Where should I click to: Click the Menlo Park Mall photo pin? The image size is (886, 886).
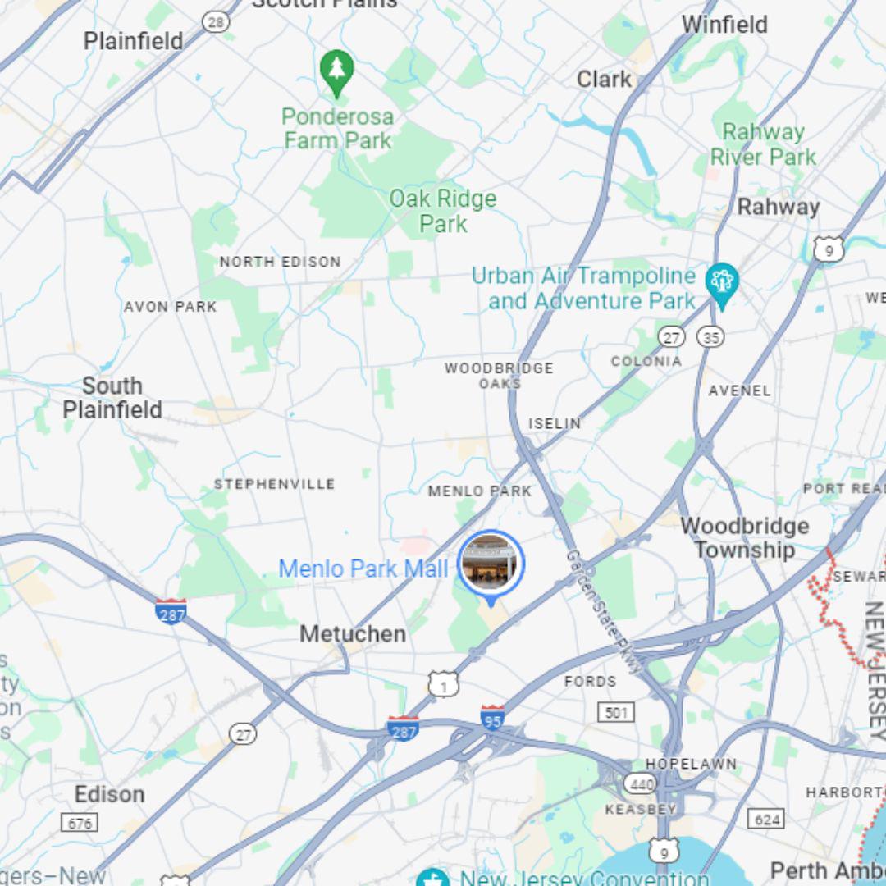491,563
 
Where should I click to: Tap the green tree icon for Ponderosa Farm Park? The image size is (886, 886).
336,71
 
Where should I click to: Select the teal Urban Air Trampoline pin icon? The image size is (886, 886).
722,282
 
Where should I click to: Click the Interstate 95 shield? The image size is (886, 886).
492,718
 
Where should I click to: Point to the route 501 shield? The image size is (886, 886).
615,711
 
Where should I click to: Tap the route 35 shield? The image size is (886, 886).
710,336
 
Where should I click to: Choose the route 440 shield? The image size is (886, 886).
640,783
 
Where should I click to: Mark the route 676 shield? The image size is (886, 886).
80,822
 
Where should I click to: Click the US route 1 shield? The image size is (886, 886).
443,683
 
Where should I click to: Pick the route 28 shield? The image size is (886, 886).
216,21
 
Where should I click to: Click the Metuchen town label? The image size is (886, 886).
353,634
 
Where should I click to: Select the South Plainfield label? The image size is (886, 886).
112,398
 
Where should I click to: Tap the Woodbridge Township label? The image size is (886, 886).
745,538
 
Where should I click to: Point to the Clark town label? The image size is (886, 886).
604,80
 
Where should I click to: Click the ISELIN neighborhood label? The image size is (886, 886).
555,423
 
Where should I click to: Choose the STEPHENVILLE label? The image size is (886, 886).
274,484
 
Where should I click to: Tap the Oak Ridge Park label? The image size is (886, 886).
443,211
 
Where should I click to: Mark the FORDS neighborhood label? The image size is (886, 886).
590,681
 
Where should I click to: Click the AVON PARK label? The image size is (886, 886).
170,307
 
